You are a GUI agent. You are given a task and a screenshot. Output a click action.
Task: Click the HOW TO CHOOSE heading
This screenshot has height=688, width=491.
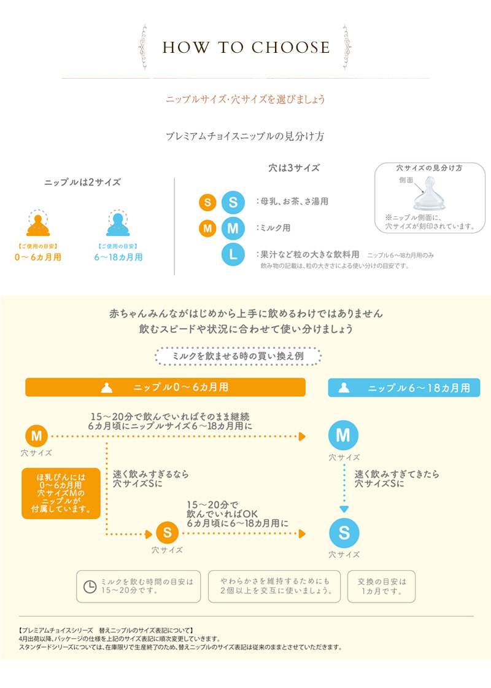pyautogui.click(x=245, y=48)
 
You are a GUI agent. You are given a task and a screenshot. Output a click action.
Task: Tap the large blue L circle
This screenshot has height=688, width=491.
pyautogui.click(x=233, y=254)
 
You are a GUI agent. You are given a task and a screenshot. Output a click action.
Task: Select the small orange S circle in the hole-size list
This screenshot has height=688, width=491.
pyautogui.click(x=207, y=201)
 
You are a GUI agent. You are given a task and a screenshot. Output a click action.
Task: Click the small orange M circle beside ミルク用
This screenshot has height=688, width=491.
pyautogui.click(x=207, y=229)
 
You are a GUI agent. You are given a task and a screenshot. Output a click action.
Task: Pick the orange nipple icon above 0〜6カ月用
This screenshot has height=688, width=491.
pyautogui.click(x=38, y=224)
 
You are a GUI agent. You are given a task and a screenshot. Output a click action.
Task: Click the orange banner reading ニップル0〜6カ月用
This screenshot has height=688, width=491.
pyautogui.click(x=165, y=388)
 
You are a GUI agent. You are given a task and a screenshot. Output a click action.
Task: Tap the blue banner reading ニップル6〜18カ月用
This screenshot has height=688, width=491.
pyautogui.click(x=404, y=388)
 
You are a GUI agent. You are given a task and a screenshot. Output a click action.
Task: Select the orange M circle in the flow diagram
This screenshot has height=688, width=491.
pyautogui.click(x=36, y=436)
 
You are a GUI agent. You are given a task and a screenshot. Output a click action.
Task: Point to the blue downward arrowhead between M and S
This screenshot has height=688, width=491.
pyautogui.click(x=344, y=509)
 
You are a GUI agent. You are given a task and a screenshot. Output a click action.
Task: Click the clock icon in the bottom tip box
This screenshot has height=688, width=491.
pyautogui.click(x=90, y=586)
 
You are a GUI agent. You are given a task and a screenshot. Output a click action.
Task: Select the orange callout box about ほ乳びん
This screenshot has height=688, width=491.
pyautogui.click(x=60, y=493)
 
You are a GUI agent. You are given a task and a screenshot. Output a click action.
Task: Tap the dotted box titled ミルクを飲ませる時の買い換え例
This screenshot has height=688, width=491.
pyautogui.click(x=238, y=356)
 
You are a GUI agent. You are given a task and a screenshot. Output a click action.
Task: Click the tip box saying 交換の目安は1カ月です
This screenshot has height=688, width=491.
pyautogui.click(x=381, y=586)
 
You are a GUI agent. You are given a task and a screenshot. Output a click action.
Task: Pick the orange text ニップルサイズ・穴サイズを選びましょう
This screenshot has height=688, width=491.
pyautogui.click(x=245, y=99)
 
